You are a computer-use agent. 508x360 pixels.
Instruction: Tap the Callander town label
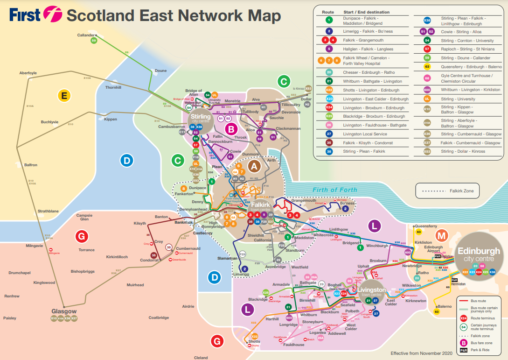pyautogui.click(x=85, y=35)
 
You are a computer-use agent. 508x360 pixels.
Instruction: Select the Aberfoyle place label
pyautogui.click(x=28, y=73)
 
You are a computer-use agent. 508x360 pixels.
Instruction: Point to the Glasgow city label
pyautogui.click(x=64, y=311)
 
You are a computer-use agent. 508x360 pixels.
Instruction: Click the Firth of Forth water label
pyautogui.click(x=335, y=190)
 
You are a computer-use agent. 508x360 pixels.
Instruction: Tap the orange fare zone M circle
pyautogui.click(x=441, y=236)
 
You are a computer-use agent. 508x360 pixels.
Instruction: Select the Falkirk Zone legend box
pyautogui.click(x=447, y=191)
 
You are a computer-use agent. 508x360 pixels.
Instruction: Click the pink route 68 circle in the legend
pyautogui.click(x=427, y=78)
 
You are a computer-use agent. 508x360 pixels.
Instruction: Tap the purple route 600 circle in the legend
pyautogui.click(x=427, y=90)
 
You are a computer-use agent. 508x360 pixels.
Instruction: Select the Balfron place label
pyautogui.click(x=31, y=165)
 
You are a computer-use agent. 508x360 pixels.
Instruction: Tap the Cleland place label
pyautogui.click(x=201, y=358)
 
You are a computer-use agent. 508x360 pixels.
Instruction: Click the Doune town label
pyautogui.click(x=160, y=71)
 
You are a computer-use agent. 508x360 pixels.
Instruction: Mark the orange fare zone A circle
pyautogui.click(x=254, y=166)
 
